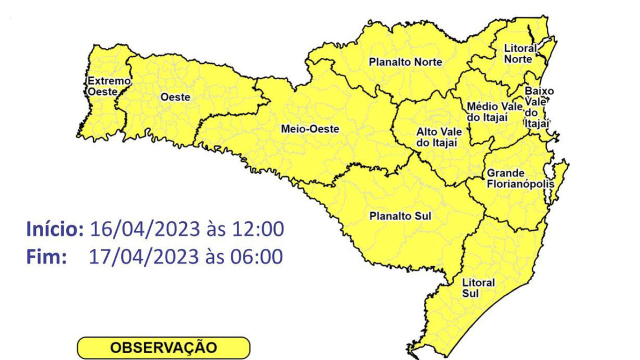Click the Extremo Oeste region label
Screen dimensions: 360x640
click(102, 86)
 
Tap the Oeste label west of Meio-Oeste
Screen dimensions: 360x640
click(175, 97)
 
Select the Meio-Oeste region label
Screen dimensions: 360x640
click(310, 129)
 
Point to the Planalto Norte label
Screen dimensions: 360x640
click(405, 62)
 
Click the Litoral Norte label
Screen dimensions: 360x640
click(520, 53)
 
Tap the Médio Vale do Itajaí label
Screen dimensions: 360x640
click(487, 112)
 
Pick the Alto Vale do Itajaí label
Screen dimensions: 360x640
click(439, 137)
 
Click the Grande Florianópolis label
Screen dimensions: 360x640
click(520, 178)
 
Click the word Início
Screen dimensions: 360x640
click(55, 229)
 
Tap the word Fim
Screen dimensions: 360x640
click(47, 257)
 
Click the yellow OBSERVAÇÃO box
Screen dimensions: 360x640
click(163, 348)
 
